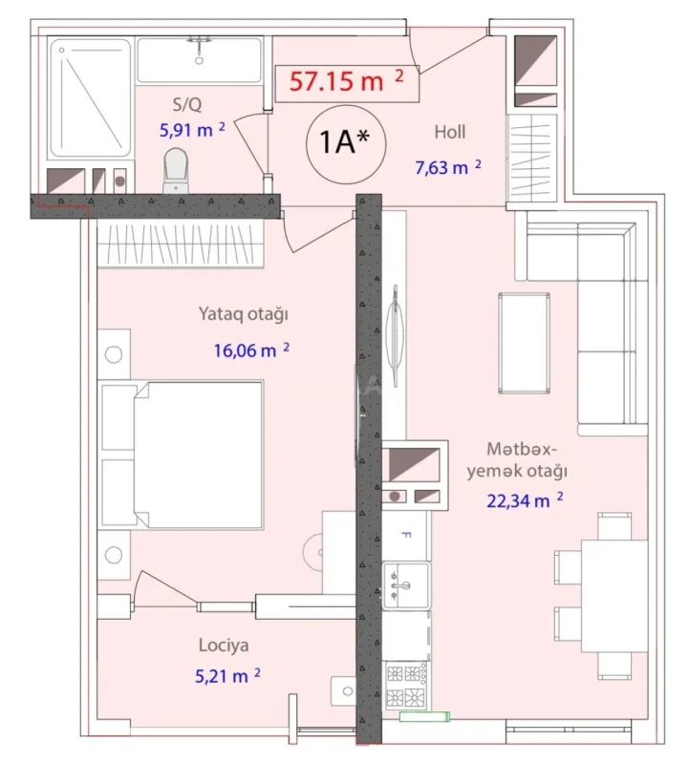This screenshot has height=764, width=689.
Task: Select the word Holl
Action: (x=449, y=133)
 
